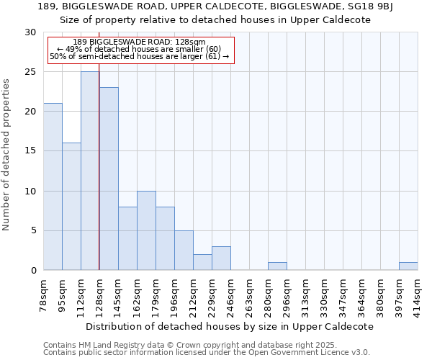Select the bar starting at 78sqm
[53, 187]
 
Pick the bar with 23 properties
[109, 179]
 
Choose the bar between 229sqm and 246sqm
[221, 258]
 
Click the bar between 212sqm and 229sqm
[202, 262]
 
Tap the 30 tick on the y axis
[31, 32]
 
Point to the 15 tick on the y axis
[31, 151]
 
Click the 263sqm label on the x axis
[249, 294]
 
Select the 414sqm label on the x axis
[418, 294]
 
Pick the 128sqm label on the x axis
[99, 294]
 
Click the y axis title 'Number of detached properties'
[6, 155]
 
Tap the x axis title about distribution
[230, 326]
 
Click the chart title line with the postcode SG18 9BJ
[215, 6]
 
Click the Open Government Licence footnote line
[207, 353]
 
